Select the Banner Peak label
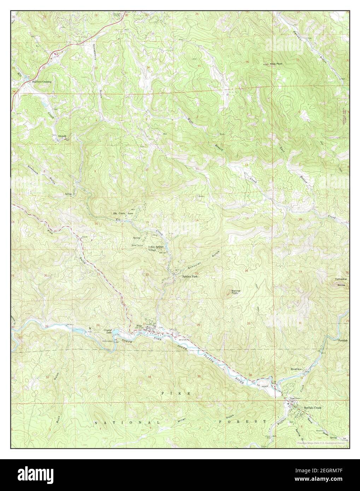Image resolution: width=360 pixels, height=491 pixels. [236, 292]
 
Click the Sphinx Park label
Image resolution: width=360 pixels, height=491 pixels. [189, 277]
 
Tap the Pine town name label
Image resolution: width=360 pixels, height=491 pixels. [139, 326]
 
